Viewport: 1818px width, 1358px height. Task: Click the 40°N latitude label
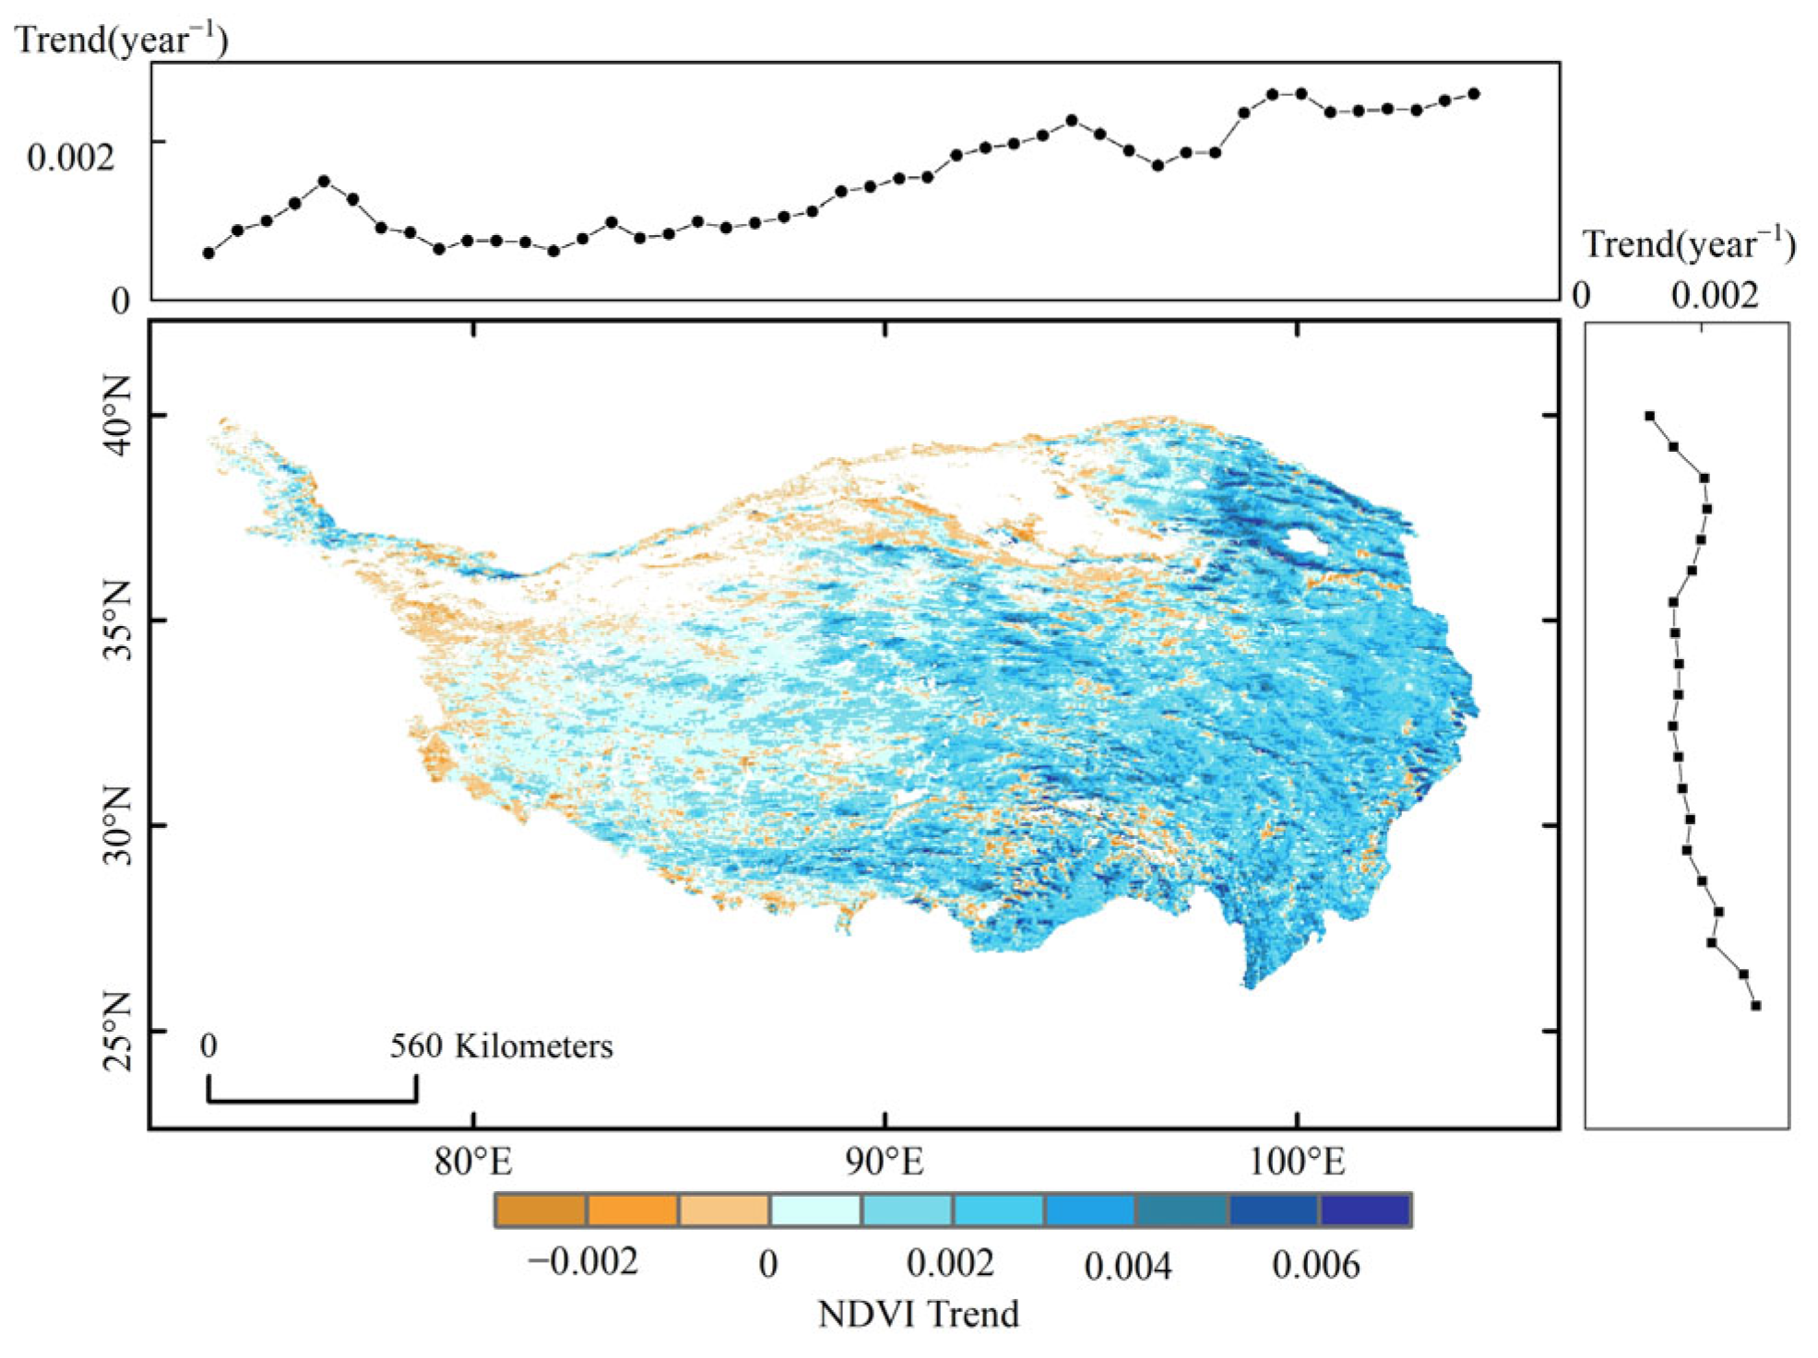coord(116,416)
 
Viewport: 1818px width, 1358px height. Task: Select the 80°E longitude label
coord(473,1162)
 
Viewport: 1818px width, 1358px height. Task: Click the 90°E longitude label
coord(885,1162)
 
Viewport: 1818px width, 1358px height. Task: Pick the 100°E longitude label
coord(1297,1162)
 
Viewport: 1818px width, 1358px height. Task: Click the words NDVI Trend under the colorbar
coord(919,1314)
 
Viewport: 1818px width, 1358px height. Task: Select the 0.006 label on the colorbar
coord(1315,1265)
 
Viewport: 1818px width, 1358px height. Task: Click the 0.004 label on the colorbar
coord(1128,1267)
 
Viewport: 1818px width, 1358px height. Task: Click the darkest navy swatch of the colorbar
coord(1365,1210)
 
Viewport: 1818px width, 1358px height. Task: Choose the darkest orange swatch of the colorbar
coord(541,1210)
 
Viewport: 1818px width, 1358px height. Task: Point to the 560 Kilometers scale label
coord(501,1046)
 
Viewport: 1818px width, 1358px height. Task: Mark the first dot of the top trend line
coord(208,253)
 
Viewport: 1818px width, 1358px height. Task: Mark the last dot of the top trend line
coord(1474,94)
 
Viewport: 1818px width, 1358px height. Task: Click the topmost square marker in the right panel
coord(1650,417)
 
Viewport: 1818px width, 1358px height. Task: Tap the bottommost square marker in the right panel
coord(1756,1006)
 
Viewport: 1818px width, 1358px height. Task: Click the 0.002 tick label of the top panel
coord(71,158)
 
